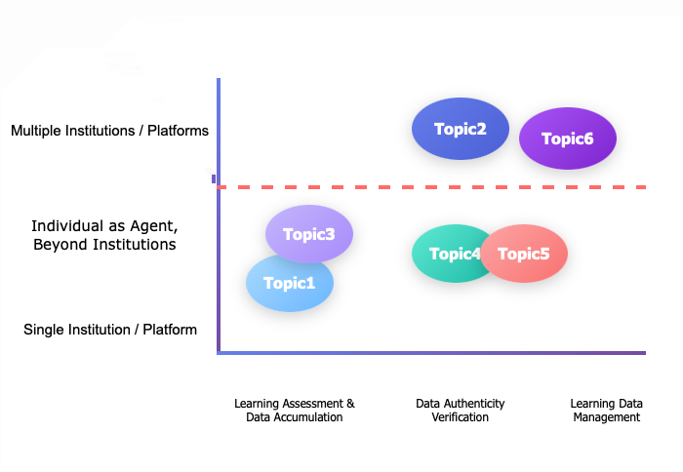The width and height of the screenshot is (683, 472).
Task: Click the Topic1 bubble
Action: (x=289, y=284)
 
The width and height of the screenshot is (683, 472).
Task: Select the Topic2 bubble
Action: (x=460, y=129)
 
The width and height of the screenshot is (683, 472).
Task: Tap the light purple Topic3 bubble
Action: (x=309, y=234)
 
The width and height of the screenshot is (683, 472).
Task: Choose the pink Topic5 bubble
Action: (x=524, y=254)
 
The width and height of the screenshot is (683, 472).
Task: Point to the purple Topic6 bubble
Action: (x=568, y=138)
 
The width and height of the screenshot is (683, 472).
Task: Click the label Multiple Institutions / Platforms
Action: (x=109, y=130)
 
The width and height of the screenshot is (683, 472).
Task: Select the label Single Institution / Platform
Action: (x=110, y=330)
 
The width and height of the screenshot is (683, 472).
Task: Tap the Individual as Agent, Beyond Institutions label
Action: (x=104, y=235)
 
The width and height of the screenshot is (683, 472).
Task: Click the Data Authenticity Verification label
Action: (x=460, y=411)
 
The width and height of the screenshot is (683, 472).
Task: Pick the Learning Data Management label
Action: (x=606, y=411)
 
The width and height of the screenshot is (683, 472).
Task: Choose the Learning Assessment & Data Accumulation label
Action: (x=295, y=411)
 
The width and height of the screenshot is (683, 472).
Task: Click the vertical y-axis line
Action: (x=219, y=273)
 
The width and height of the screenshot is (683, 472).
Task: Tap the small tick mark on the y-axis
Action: (x=214, y=178)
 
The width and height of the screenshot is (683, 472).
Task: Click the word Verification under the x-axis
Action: (x=460, y=417)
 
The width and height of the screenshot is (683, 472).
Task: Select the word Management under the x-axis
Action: (x=606, y=417)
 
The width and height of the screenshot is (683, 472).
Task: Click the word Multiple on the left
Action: (x=36, y=130)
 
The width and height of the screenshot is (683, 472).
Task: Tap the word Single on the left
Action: (x=43, y=330)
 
